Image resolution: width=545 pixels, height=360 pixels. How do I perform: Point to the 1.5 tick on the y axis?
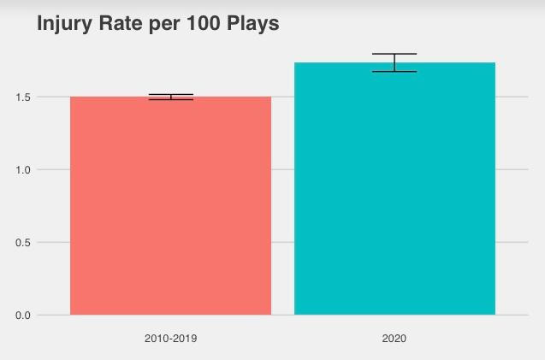(x=22, y=97)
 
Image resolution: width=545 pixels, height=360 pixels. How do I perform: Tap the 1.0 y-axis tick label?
(x=22, y=170)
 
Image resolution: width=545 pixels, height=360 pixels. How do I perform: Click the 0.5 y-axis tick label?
(x=22, y=243)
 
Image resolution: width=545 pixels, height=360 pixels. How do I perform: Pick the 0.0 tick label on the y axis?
(x=22, y=316)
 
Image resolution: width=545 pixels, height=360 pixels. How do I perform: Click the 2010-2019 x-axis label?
(x=170, y=339)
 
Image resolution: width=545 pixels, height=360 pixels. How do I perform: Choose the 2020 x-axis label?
(x=394, y=339)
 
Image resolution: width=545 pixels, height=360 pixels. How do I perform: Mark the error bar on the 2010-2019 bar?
(x=170, y=97)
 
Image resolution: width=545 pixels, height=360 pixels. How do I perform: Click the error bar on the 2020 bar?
(x=394, y=62)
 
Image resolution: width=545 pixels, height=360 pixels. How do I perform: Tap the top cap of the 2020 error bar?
(x=394, y=54)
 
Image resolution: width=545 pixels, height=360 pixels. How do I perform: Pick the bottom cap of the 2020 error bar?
(x=394, y=72)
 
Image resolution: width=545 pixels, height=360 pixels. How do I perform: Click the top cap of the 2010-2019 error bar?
(x=170, y=94)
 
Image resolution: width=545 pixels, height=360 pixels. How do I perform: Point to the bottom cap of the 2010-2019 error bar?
(x=170, y=100)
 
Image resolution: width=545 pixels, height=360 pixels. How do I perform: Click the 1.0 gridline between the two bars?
(x=282, y=170)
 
